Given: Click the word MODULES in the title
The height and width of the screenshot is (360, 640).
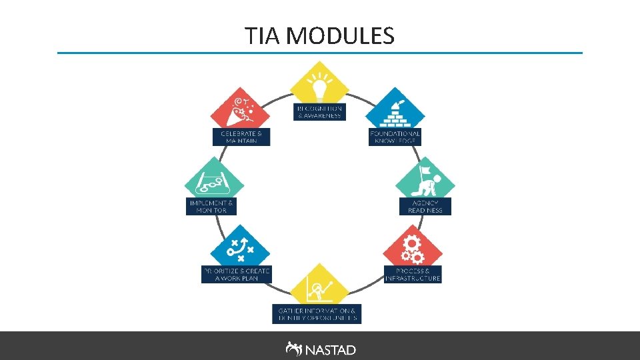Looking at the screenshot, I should pos(340,36).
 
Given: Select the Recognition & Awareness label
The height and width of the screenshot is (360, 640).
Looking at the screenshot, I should pos(319,111).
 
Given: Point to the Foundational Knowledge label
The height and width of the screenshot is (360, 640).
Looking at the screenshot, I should pos(395,137).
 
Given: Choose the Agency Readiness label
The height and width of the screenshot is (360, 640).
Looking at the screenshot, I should pos(425,206).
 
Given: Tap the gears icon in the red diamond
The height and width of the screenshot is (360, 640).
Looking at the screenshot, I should pos(413,248).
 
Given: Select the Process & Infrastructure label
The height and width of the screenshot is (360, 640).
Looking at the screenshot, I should pos(413,275).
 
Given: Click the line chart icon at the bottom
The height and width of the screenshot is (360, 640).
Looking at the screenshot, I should pos(319,288).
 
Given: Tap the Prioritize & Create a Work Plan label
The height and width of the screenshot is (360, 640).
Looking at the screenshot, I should pos(236,275).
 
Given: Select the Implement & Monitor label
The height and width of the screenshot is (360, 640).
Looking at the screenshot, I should pos(211,206).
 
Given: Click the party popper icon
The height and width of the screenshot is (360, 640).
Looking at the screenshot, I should pos(239,109).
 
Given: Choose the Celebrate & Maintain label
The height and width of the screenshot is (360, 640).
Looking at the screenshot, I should pos(241,137).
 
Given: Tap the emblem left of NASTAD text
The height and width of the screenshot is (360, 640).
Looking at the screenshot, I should pos(293,349).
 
